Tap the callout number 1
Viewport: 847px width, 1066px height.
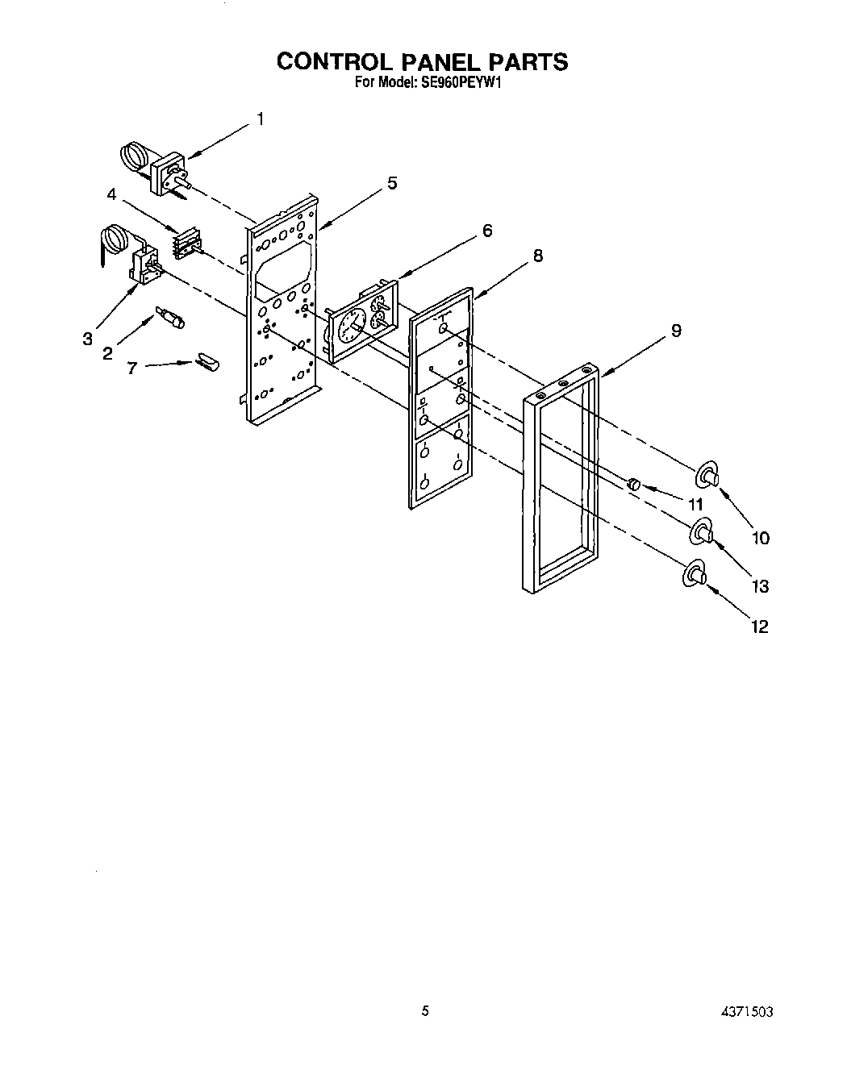coord(260,119)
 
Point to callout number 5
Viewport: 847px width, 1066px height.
coord(391,183)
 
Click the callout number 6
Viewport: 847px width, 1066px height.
coord(486,231)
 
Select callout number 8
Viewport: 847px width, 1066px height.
coord(537,256)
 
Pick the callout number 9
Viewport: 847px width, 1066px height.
coord(676,330)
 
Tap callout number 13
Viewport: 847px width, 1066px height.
coord(761,586)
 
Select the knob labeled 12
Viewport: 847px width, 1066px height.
coord(695,575)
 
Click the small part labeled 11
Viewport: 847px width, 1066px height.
coord(633,483)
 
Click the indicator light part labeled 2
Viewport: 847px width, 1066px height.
coord(170,317)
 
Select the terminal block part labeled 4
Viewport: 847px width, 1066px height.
coord(186,244)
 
